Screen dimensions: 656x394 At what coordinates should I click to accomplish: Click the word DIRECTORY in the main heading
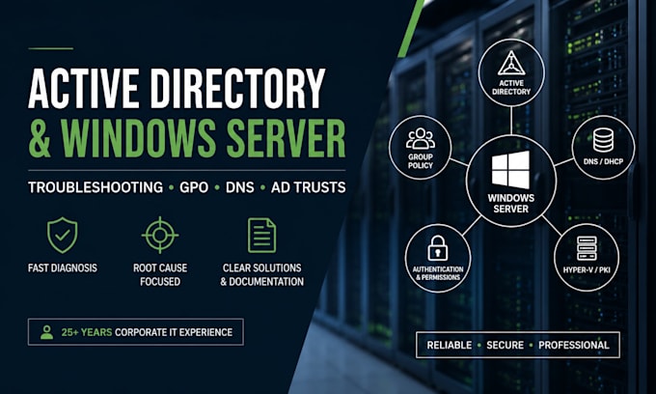[237, 88]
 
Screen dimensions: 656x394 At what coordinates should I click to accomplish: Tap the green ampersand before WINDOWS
[40, 138]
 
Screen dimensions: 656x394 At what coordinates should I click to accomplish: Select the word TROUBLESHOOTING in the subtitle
[96, 187]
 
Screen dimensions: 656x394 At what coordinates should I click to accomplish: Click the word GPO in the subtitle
[194, 187]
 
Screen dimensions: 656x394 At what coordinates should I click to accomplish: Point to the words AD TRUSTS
[309, 187]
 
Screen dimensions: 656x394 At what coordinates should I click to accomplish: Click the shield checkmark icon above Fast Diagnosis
[63, 235]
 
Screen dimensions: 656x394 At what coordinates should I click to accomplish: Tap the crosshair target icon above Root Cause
[160, 235]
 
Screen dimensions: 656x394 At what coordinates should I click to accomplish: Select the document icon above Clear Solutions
[261, 235]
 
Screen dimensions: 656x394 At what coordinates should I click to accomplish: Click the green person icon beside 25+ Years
[47, 332]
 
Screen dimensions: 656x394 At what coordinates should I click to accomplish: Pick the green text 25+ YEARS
[87, 332]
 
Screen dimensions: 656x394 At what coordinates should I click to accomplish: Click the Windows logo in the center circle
[510, 170]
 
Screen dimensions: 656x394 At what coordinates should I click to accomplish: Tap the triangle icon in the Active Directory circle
[511, 63]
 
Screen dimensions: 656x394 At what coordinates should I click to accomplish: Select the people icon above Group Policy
[421, 139]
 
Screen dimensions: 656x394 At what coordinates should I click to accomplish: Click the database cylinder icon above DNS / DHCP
[603, 140]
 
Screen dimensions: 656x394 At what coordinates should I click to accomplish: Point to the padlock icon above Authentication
[438, 248]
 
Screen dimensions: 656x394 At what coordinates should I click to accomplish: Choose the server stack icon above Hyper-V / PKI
[587, 248]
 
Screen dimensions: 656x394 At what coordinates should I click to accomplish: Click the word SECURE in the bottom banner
[505, 346]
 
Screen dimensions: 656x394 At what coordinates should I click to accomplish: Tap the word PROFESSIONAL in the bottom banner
[574, 346]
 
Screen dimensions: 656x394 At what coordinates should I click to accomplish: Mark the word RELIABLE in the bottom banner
[450, 346]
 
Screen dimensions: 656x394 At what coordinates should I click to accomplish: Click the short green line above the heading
[50, 48]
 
